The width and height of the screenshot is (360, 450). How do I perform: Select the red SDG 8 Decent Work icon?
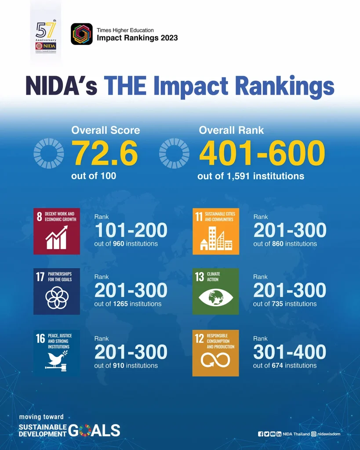pos(57,231)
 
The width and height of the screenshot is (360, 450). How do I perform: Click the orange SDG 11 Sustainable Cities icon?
pos(215,231)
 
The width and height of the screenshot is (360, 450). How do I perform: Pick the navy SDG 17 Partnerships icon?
pos(57,291)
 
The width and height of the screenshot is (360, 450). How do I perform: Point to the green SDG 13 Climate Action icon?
pos(215,291)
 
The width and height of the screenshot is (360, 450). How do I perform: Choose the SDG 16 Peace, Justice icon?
pos(57,353)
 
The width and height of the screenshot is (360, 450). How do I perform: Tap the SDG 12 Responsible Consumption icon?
pos(215,353)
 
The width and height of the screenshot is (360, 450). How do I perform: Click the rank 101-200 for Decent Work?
pos(131,230)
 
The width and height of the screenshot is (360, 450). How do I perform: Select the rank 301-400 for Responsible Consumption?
pos(290,352)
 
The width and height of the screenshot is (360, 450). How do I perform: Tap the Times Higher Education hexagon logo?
pos(81,34)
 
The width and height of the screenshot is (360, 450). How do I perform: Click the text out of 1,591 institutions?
pos(251,176)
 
